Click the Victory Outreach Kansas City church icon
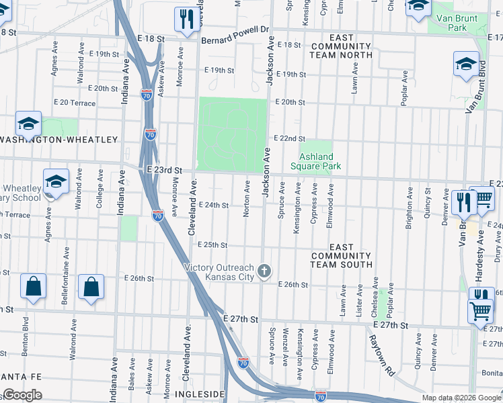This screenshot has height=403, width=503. pyautogui.click(x=265, y=271)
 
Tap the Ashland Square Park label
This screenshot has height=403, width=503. pyautogui.click(x=315, y=161)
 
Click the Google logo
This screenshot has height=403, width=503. pyautogui.click(x=22, y=395)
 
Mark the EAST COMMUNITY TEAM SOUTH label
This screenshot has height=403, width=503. pyautogui.click(x=341, y=256)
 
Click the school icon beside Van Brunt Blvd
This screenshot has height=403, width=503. pyautogui.click(x=466, y=65)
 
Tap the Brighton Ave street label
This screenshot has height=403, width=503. pyautogui.click(x=408, y=209)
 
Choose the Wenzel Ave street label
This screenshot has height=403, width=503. pyautogui.click(x=286, y=352)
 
